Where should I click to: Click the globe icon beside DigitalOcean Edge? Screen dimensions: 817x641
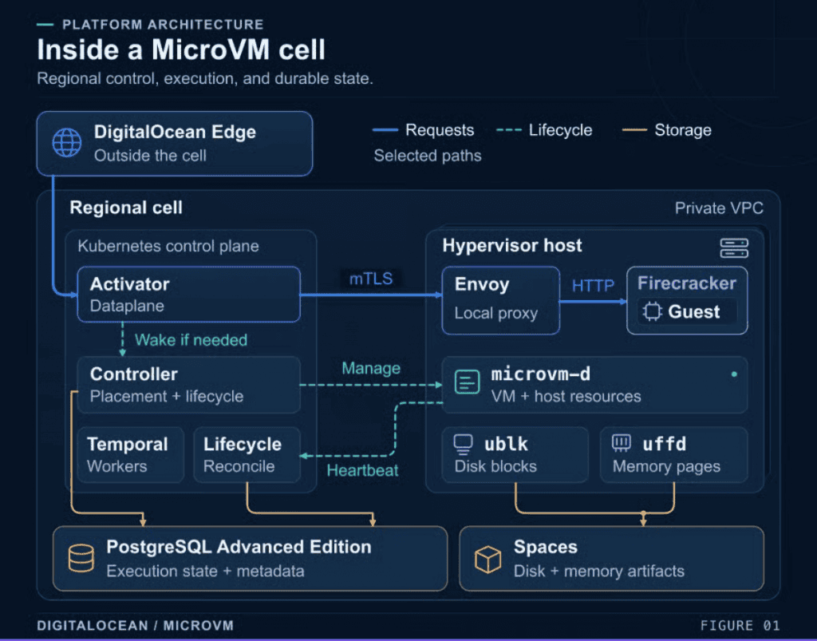click(x=67, y=142)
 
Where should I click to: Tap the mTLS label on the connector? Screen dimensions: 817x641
click(x=371, y=279)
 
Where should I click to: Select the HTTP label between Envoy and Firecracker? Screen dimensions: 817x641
click(x=593, y=286)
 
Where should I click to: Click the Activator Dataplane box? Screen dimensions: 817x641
click(x=188, y=295)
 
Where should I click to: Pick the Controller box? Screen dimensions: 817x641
click(x=188, y=385)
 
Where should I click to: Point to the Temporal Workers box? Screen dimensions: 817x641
click(x=130, y=455)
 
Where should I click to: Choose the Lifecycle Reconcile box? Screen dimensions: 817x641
click(x=247, y=455)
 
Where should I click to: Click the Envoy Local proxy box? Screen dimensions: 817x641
click(x=501, y=300)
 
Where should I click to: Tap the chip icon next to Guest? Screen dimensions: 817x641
click(x=652, y=311)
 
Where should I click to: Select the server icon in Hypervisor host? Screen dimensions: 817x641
click(x=734, y=248)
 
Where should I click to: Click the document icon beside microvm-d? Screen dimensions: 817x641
click(x=467, y=382)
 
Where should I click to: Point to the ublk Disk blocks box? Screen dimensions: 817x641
click(x=515, y=455)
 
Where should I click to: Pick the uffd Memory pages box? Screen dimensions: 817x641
click(x=673, y=455)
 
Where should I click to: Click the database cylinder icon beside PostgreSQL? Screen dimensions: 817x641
click(x=81, y=558)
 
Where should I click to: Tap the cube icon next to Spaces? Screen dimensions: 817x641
click(x=487, y=560)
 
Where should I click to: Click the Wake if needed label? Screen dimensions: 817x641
click(x=191, y=340)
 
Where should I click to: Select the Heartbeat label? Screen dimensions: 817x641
click(x=363, y=470)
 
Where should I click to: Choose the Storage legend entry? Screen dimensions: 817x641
click(x=667, y=130)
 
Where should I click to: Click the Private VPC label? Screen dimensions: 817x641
click(x=719, y=208)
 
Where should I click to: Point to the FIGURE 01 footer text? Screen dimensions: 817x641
click(x=740, y=625)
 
